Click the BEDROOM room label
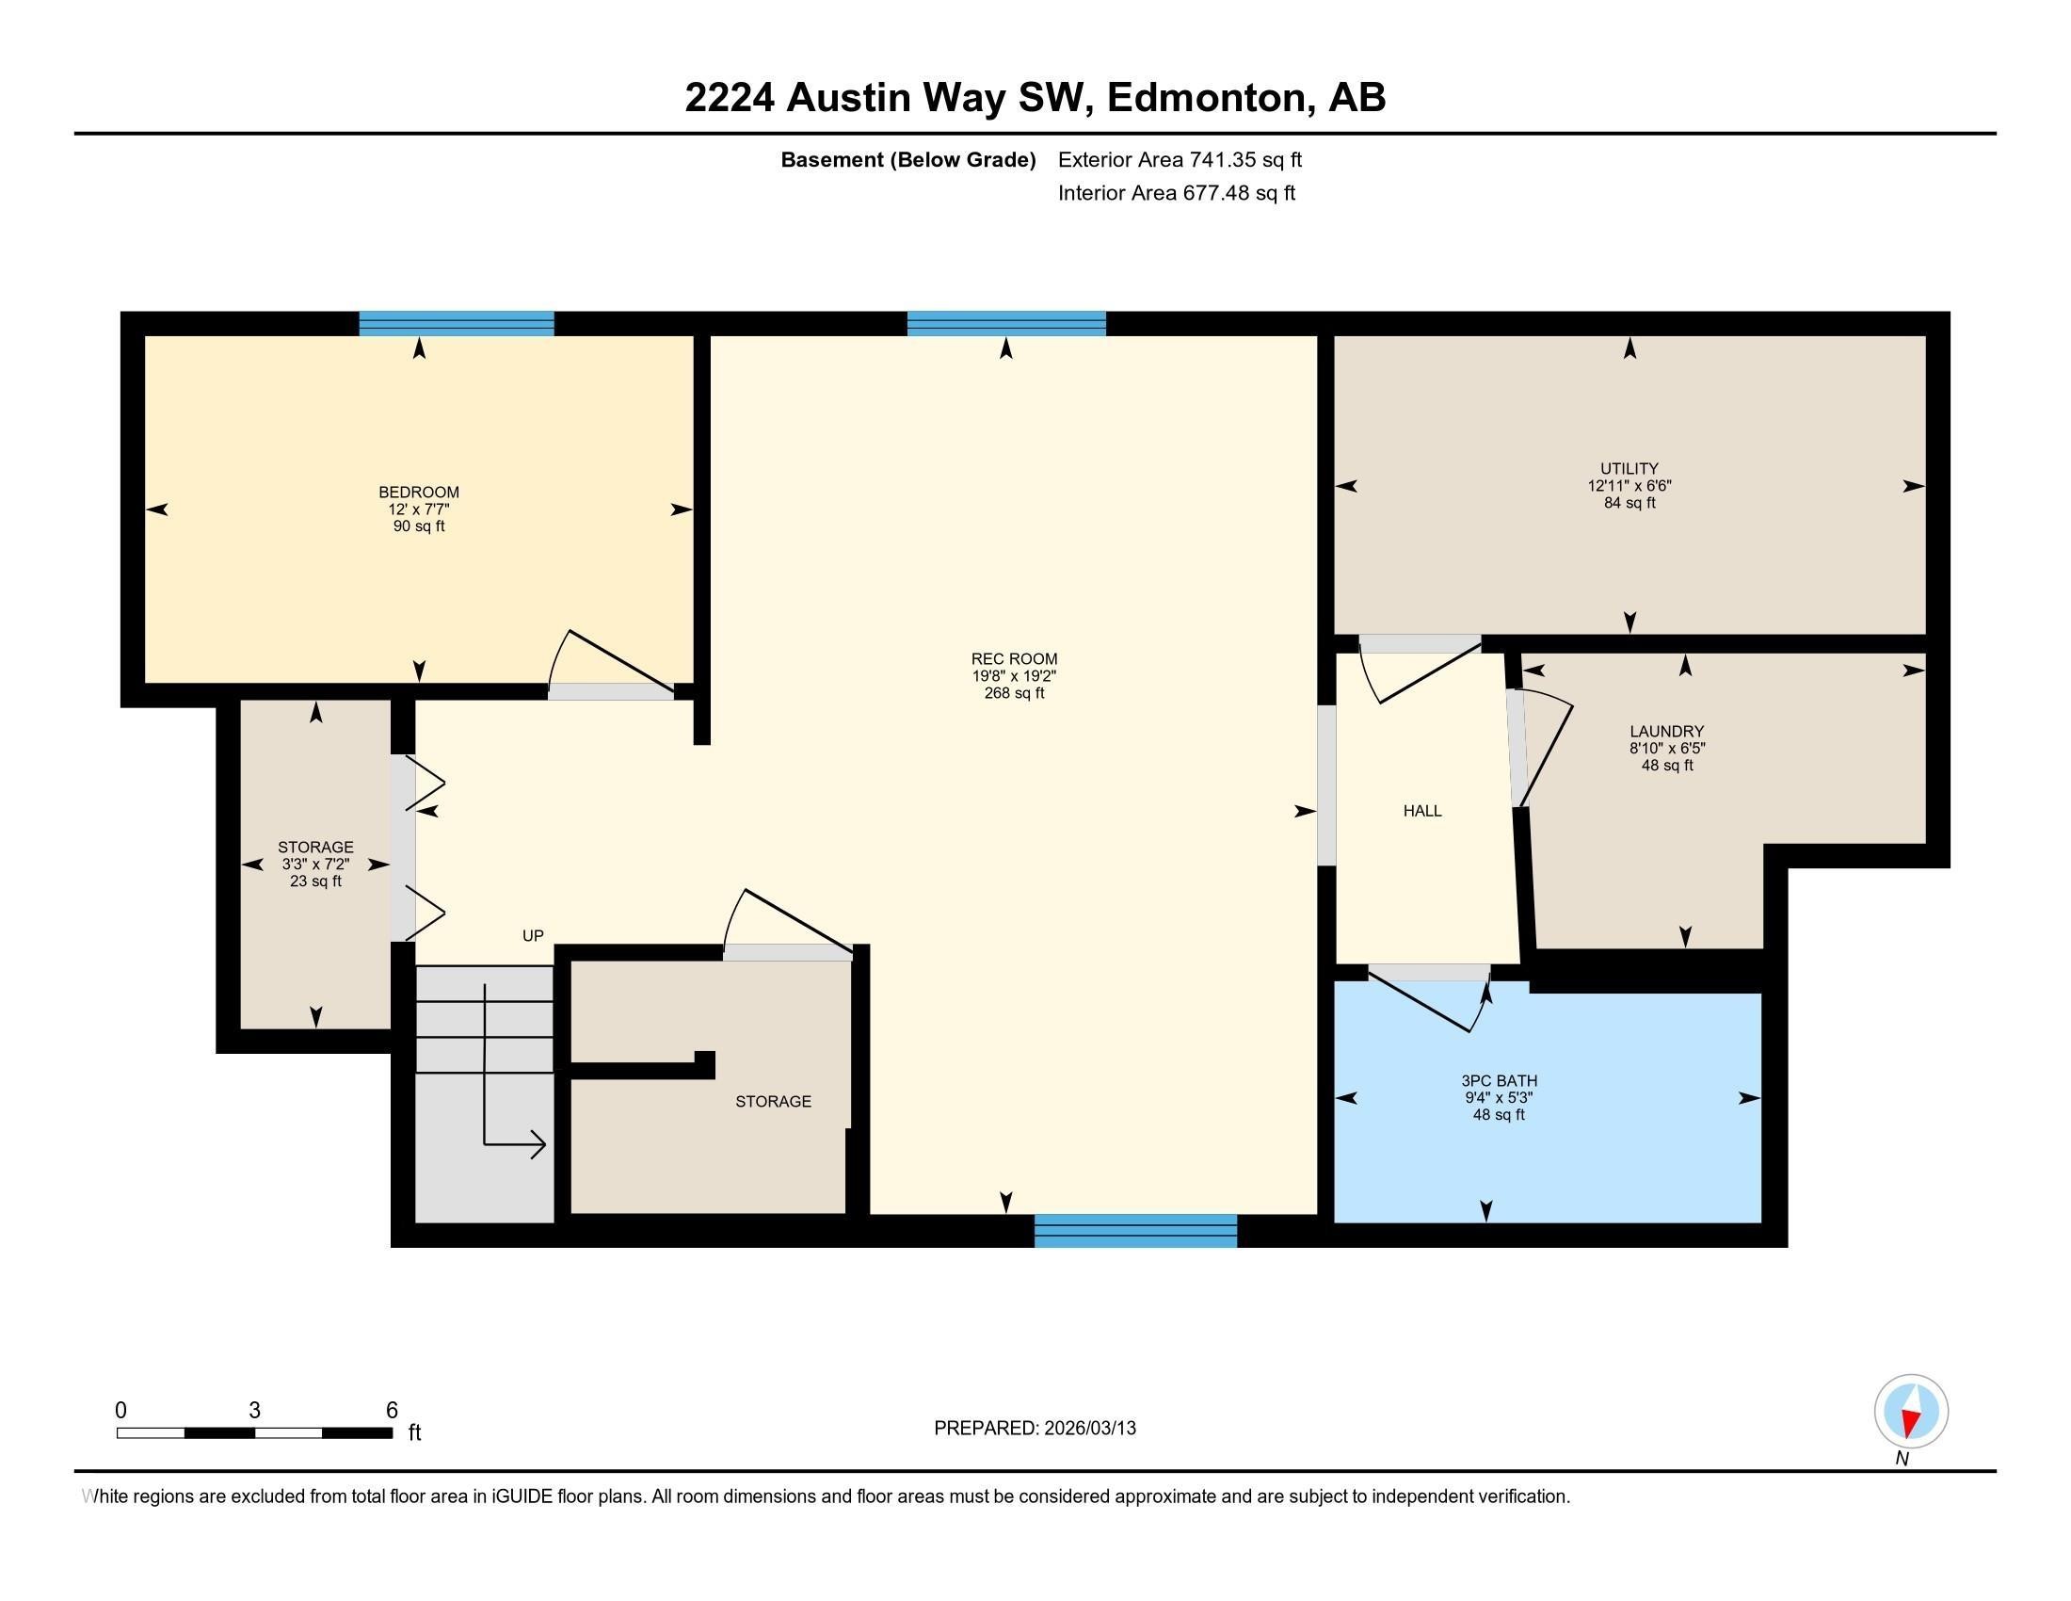point(418,492)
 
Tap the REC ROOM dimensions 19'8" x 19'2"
point(1014,676)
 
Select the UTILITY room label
point(1630,468)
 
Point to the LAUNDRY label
point(1666,731)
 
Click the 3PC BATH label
point(1499,1080)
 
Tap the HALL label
point(1421,810)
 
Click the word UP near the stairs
point(533,935)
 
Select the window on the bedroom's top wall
point(457,322)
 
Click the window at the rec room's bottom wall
point(1135,1231)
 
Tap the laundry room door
point(1541,750)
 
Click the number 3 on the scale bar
point(254,1411)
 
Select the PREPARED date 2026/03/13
point(1088,1429)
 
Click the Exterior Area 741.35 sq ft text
point(1179,159)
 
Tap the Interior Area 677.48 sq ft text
point(1176,193)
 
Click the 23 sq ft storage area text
point(315,881)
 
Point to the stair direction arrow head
point(538,1145)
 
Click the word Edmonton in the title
point(1204,98)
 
